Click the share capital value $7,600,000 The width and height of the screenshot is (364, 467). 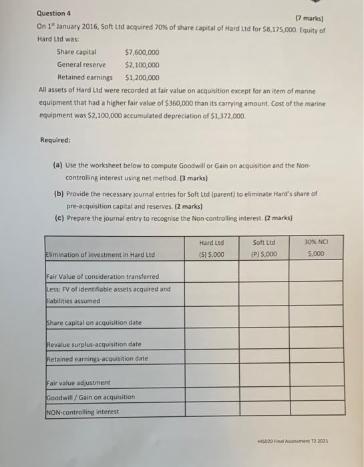point(142,52)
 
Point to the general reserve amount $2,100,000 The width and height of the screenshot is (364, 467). point(142,65)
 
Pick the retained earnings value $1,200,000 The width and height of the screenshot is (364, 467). point(142,77)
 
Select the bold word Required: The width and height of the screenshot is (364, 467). point(55,140)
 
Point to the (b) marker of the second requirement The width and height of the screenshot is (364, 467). point(59,193)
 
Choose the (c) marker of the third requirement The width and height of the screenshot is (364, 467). point(58,217)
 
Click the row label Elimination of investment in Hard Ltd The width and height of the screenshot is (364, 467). point(100,255)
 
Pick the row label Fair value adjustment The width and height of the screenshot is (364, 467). point(79,383)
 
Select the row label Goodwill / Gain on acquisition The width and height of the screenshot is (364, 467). point(91,397)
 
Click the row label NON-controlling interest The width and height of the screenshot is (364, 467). point(83,412)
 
